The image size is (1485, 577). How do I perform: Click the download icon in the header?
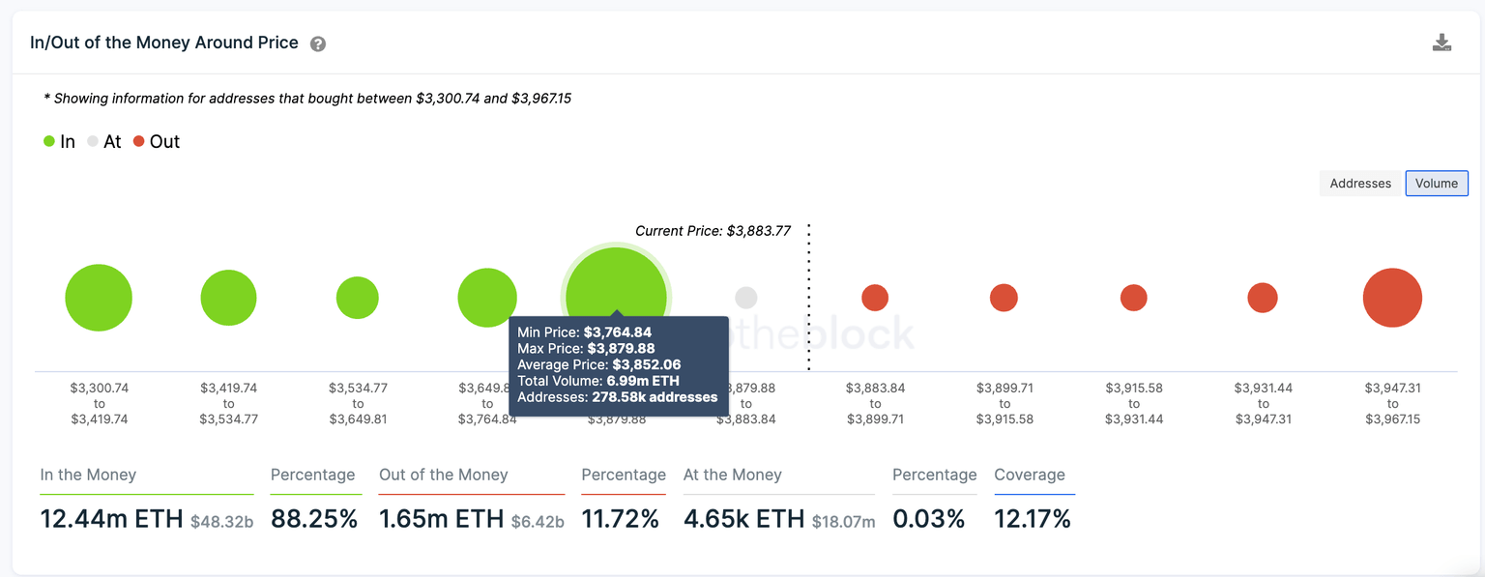tap(1441, 43)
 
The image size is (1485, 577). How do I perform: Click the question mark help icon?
tap(318, 44)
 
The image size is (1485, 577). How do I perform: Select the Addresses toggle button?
tap(1360, 184)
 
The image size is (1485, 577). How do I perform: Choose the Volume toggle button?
tap(1437, 184)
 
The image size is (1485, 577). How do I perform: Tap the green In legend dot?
tap(49, 141)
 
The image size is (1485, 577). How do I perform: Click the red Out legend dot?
tap(139, 141)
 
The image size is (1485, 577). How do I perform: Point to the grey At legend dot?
tap(93, 141)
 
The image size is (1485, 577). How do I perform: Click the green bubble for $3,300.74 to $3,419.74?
tap(99, 298)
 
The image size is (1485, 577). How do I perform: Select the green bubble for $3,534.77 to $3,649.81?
tap(358, 298)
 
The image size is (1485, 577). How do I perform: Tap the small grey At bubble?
tap(745, 298)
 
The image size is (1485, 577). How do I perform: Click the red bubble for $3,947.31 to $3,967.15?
tap(1392, 298)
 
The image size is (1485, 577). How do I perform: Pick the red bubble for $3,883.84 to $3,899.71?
tap(875, 298)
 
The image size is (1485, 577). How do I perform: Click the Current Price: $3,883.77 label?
tap(713, 231)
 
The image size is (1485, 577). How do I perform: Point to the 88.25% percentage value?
tap(314, 519)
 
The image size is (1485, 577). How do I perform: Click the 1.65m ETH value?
tap(441, 519)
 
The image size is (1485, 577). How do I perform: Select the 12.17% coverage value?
tap(1033, 519)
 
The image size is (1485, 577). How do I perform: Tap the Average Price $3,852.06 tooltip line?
tap(598, 364)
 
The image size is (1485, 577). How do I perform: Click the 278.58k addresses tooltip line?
tap(617, 397)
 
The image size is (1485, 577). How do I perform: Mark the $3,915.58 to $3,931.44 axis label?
tap(1134, 404)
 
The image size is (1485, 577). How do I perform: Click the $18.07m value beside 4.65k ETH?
tap(843, 522)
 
